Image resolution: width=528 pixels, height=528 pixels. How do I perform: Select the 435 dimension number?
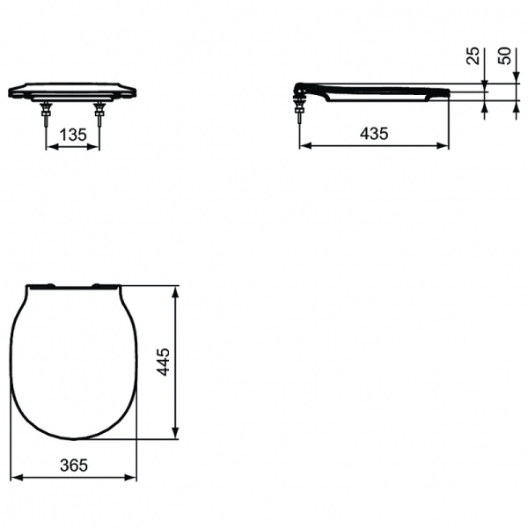point(375,133)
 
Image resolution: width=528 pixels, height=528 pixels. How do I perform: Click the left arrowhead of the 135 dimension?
point(48,147)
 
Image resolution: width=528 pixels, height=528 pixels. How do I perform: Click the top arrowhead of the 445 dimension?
point(180,290)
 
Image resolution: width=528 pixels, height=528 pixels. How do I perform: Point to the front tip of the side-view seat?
point(449,92)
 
